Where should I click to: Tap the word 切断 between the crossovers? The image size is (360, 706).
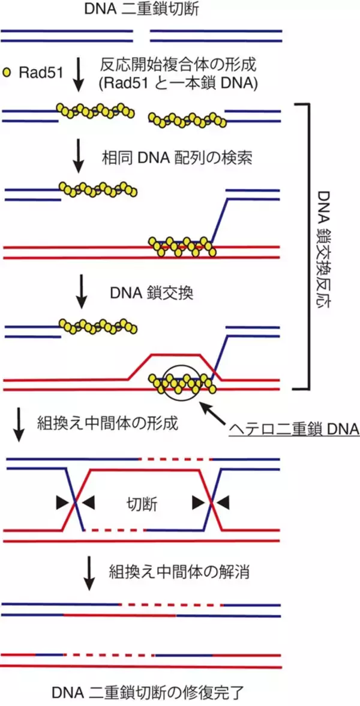coord(143,504)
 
